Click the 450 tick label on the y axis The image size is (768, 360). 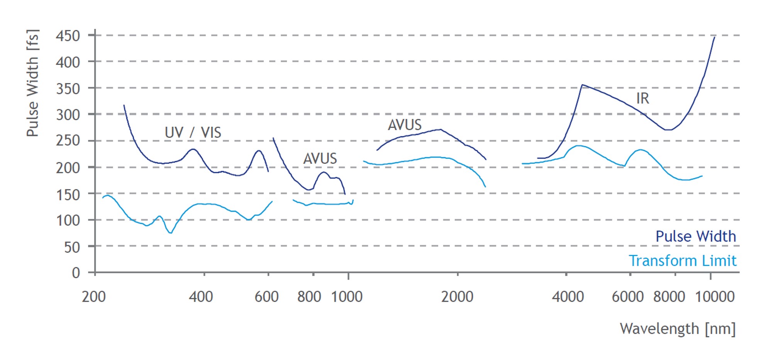[68, 36]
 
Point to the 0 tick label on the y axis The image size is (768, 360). [76, 273]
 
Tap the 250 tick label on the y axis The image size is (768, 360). [68, 141]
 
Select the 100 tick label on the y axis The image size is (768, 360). [68, 221]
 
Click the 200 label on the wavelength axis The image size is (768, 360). [93, 297]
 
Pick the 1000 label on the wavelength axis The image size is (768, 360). [347, 297]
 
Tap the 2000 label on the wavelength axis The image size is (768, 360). [457, 297]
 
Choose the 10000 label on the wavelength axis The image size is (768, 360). [714, 297]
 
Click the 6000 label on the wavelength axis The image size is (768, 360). [627, 297]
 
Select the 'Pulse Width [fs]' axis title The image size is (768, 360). [33, 83]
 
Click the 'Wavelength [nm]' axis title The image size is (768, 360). [678, 329]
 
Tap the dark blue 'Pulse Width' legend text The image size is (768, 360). [695, 236]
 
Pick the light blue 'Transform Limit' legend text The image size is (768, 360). [682, 261]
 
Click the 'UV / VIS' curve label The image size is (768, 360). [193, 132]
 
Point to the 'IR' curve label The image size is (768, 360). [643, 98]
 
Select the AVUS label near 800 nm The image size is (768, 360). [320, 158]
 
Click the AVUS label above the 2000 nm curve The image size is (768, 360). [404, 125]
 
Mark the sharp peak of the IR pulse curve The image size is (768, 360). [582, 85]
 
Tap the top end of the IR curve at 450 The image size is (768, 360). [714, 37]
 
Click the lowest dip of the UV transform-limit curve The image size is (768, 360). [171, 233]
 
